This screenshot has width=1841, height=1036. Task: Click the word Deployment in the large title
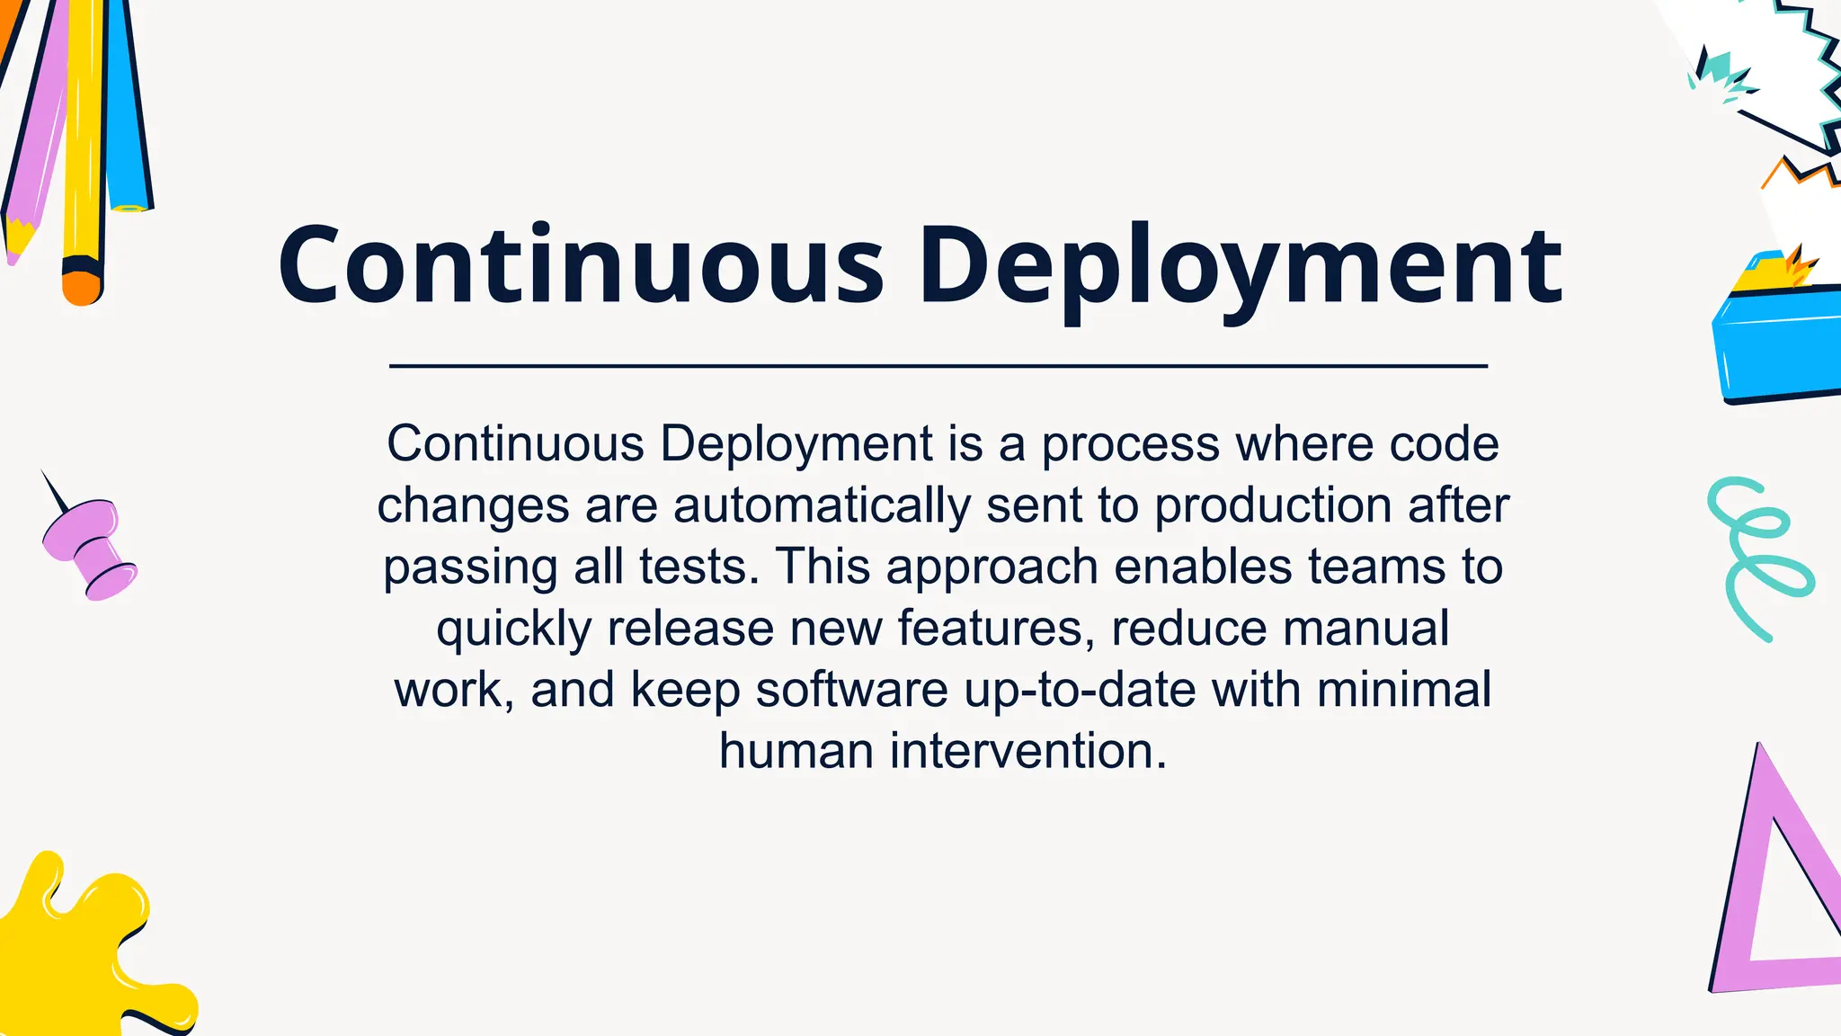(x=1241, y=265)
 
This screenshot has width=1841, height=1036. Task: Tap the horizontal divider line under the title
(x=938, y=366)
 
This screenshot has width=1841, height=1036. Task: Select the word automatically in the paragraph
(x=822, y=505)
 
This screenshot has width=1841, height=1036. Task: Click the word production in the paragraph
(x=1273, y=505)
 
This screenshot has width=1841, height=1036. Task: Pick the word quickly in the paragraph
(x=513, y=628)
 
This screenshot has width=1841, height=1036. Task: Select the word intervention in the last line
(x=1028, y=751)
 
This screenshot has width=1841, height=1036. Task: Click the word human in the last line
(x=796, y=751)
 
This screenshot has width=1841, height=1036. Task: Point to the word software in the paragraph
(x=851, y=690)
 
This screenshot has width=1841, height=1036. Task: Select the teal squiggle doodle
(x=1757, y=558)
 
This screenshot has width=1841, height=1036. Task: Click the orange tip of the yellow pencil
(x=82, y=288)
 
